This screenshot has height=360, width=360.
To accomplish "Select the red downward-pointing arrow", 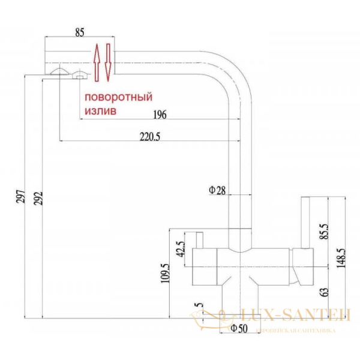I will tap(108, 61).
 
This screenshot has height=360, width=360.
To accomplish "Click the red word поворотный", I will tap(118, 97).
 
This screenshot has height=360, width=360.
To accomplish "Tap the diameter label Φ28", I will tap(217, 191).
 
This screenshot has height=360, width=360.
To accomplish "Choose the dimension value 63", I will tap(324, 292).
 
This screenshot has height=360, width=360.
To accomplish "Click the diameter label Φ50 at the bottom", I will tap(239, 329).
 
